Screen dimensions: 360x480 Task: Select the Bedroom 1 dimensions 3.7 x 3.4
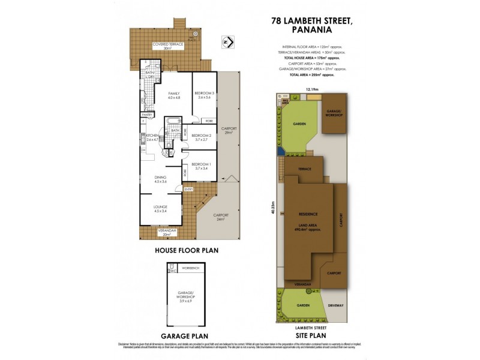pos(201,169)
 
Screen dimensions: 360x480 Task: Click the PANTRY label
pos(147,114)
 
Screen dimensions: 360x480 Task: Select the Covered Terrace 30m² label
pos(168,46)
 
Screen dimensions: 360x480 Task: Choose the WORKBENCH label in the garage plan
pos(190,267)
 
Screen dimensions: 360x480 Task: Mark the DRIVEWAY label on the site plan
pos(336,305)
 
